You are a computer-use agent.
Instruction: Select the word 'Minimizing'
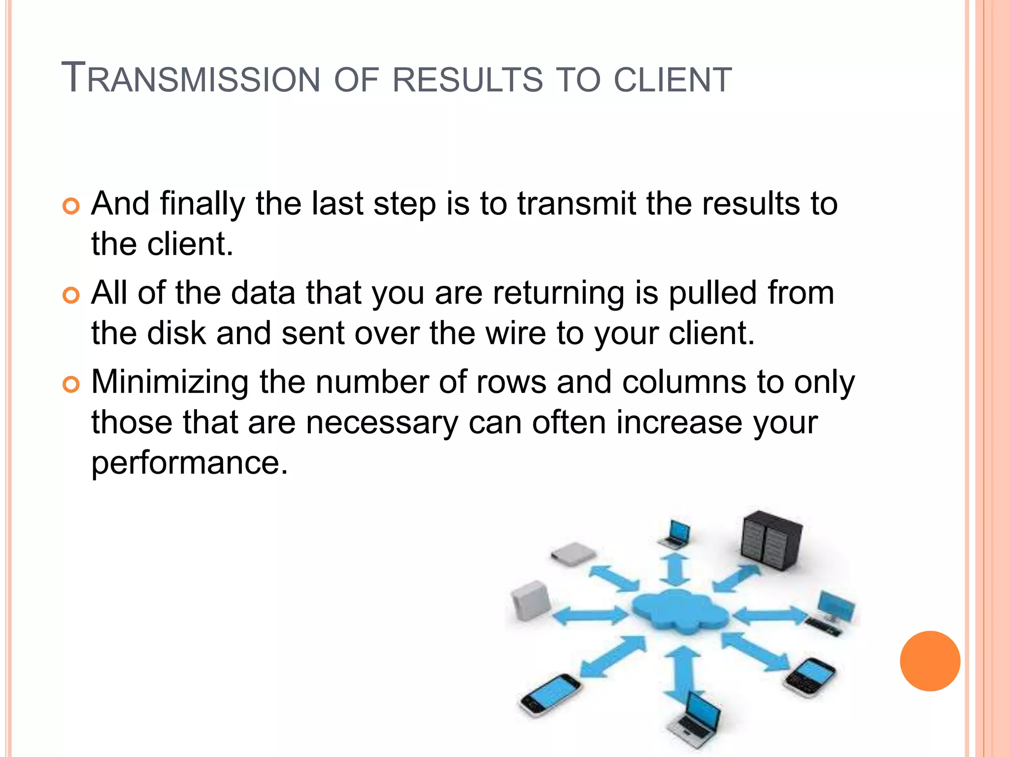point(170,382)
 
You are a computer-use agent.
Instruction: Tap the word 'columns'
point(684,382)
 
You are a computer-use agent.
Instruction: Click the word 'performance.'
point(190,463)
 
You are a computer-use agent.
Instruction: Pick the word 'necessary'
point(382,422)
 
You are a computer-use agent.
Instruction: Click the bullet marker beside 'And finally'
point(71,206)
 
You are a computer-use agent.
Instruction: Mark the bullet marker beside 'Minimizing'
point(71,384)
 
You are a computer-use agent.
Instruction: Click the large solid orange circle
point(930,661)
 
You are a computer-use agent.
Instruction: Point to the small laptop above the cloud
point(675,534)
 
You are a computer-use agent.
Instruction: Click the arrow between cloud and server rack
point(737,578)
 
